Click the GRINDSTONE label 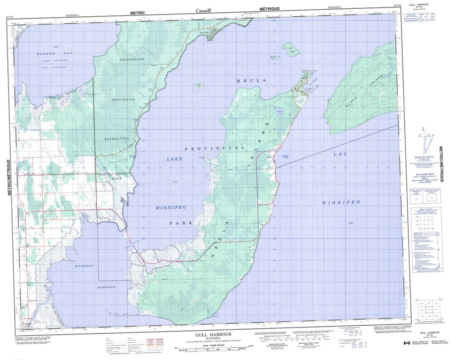click(132, 59)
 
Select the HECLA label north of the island click(246, 81)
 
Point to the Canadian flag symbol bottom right click(405, 343)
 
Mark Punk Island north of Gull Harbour click(291, 49)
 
